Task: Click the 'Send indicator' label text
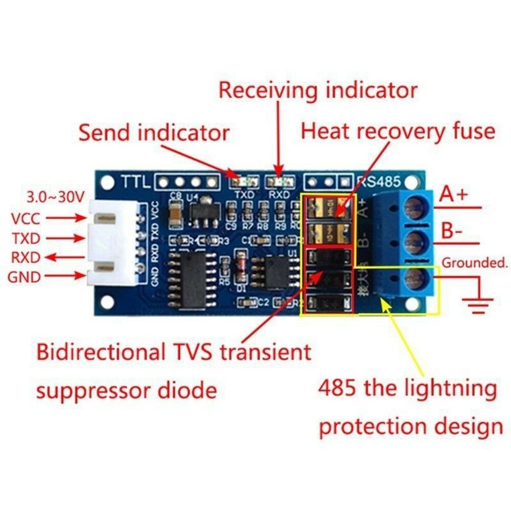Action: tap(153, 133)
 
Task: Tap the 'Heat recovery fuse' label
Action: tap(398, 131)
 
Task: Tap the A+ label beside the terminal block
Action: tap(455, 195)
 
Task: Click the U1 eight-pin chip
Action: tap(277, 271)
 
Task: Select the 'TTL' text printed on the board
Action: tap(135, 181)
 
